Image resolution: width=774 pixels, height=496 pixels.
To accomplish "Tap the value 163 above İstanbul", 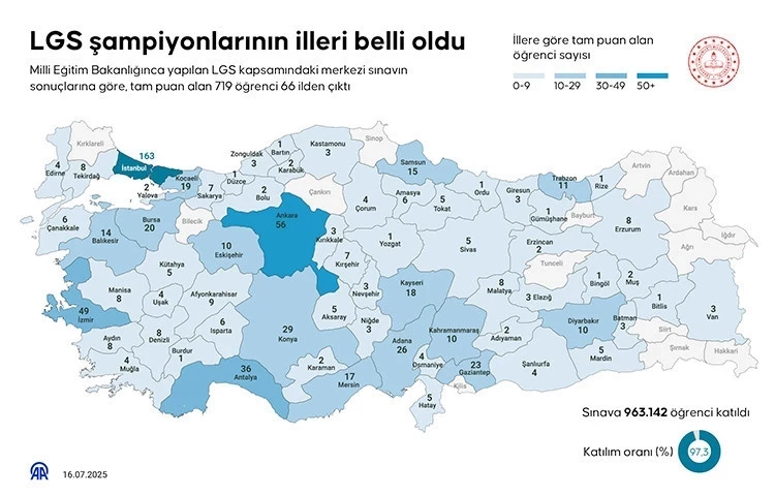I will click(x=146, y=155).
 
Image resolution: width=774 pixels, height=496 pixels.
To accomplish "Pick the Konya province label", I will click(x=287, y=338).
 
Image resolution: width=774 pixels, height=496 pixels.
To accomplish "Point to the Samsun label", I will click(x=411, y=163).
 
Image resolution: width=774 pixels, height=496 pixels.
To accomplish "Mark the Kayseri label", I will click(x=410, y=283).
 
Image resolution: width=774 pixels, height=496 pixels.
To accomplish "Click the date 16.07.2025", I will click(x=85, y=472).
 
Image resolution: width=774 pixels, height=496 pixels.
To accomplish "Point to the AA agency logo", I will click(x=37, y=470).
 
